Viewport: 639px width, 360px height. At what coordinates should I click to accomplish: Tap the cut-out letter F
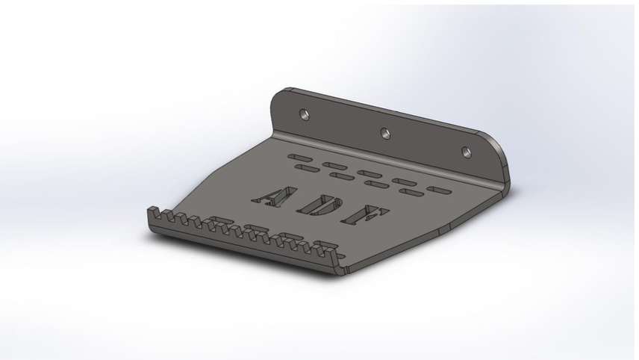click(x=365, y=215)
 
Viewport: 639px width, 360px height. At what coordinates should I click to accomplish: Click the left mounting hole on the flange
click(x=304, y=114)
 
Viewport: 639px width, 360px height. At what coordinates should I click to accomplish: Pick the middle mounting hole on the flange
click(x=385, y=132)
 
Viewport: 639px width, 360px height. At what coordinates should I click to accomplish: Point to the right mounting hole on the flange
click(x=467, y=152)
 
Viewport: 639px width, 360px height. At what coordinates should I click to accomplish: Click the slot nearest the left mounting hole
click(x=299, y=158)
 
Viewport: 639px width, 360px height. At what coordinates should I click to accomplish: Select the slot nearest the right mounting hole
click(x=439, y=190)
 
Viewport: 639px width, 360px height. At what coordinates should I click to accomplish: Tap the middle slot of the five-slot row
click(x=370, y=174)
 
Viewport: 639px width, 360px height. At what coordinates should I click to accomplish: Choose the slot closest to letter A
click(x=307, y=168)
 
